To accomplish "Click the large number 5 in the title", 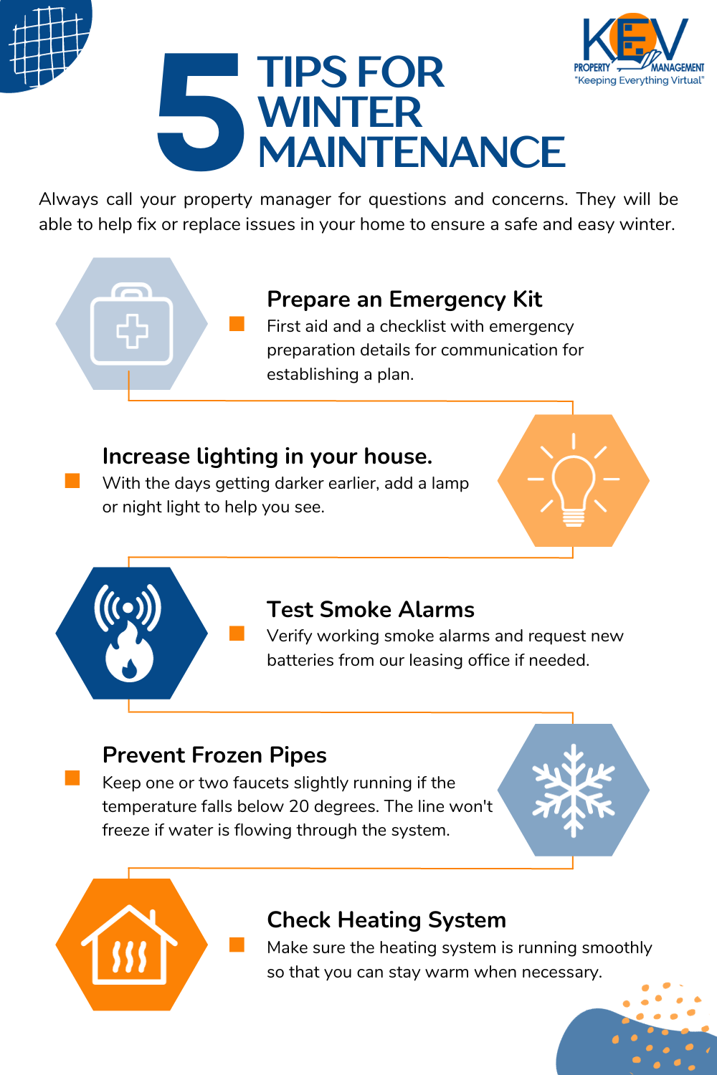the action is click(200, 111).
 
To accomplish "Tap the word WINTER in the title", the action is click(340, 112).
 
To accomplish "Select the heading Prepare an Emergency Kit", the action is click(404, 299).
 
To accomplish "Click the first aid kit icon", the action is click(132, 324).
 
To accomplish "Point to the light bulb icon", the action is click(574, 480).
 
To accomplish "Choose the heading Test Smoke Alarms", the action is click(371, 609).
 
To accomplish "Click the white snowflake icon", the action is click(574, 790).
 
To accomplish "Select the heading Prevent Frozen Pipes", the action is click(214, 755).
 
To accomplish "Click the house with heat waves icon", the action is click(129, 945).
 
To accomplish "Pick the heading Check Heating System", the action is click(386, 920).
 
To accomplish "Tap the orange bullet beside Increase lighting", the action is click(72, 480).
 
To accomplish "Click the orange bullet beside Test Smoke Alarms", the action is click(237, 633).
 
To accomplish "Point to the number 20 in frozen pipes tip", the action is click(299, 806).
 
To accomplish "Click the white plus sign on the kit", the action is click(132, 331).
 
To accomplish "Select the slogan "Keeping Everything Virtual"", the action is click(639, 80).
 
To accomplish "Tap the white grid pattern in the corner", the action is click(46, 46).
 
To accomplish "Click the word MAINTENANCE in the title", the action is click(412, 152).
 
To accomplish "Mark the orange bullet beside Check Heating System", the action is click(237, 945).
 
